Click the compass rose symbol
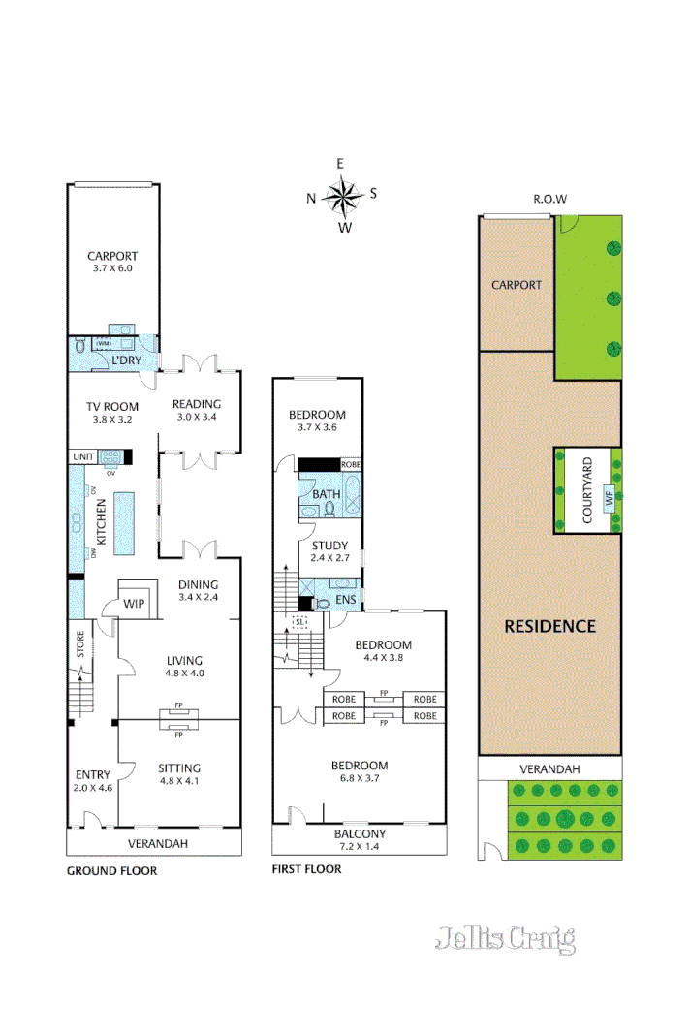tap(341, 197)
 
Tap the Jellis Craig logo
tap(505, 938)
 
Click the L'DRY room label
tap(126, 360)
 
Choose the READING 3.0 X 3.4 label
tap(197, 411)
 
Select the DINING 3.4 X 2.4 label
tap(198, 591)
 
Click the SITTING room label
tap(179, 775)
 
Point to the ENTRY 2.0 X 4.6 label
tap(93, 781)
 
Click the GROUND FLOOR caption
tap(111, 870)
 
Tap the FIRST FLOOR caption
tap(306, 869)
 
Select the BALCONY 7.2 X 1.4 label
tap(360, 840)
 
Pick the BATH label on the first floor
tap(327, 494)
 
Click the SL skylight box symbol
tap(300, 621)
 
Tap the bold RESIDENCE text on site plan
tap(549, 626)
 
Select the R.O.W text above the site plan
tap(549, 200)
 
